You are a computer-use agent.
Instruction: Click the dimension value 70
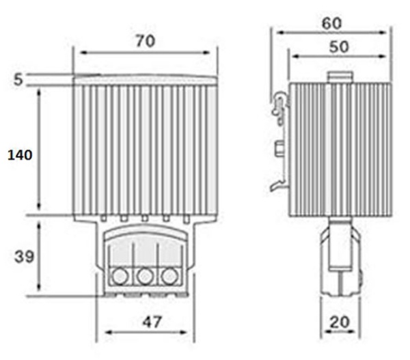coord(144,41)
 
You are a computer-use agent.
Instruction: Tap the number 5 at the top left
coord(18,79)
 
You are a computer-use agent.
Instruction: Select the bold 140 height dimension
coord(20,156)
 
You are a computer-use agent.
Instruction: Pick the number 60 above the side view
coord(331,23)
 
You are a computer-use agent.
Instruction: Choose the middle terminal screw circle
coord(143,276)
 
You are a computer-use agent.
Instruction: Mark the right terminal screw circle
coord(167,276)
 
